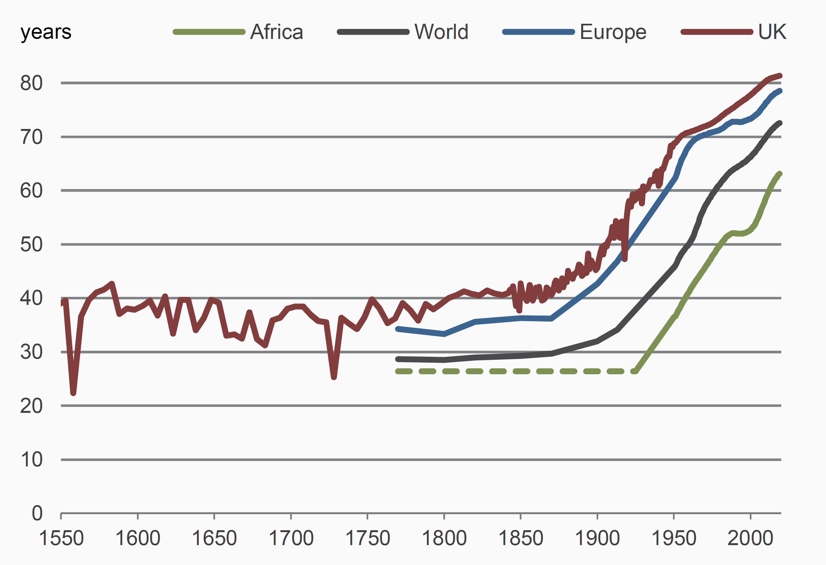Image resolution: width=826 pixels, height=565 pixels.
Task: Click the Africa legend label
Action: click(x=277, y=32)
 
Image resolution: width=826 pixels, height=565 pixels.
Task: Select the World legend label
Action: click(x=441, y=32)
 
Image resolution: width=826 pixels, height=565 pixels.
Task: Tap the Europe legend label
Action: click(x=613, y=32)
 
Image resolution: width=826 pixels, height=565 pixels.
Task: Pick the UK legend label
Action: click(x=772, y=32)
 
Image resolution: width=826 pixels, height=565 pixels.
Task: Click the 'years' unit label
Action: click(x=46, y=32)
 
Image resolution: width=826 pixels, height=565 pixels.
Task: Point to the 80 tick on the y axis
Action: click(x=31, y=83)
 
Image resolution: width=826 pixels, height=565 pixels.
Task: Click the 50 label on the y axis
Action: click(x=31, y=245)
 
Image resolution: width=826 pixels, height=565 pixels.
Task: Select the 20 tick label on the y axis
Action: click(x=31, y=406)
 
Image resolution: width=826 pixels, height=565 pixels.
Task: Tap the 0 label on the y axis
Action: click(x=37, y=514)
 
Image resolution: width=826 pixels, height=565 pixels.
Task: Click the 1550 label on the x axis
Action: click(x=61, y=538)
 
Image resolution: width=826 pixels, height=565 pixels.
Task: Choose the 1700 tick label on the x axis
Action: click(x=291, y=538)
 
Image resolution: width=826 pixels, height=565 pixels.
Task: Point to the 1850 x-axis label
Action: click(x=521, y=538)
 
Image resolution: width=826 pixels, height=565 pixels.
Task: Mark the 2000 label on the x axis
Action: click(x=750, y=538)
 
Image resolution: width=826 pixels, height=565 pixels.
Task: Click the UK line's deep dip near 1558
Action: click(x=73, y=392)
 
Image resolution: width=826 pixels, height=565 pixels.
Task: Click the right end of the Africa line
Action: click(x=780, y=174)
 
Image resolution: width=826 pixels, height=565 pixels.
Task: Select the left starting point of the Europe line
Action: click(x=398, y=329)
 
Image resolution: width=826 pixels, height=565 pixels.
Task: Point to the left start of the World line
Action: click(x=398, y=359)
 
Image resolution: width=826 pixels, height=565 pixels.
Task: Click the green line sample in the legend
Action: click(x=209, y=32)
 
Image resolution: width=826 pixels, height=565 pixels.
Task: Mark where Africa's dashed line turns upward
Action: click(x=635, y=371)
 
